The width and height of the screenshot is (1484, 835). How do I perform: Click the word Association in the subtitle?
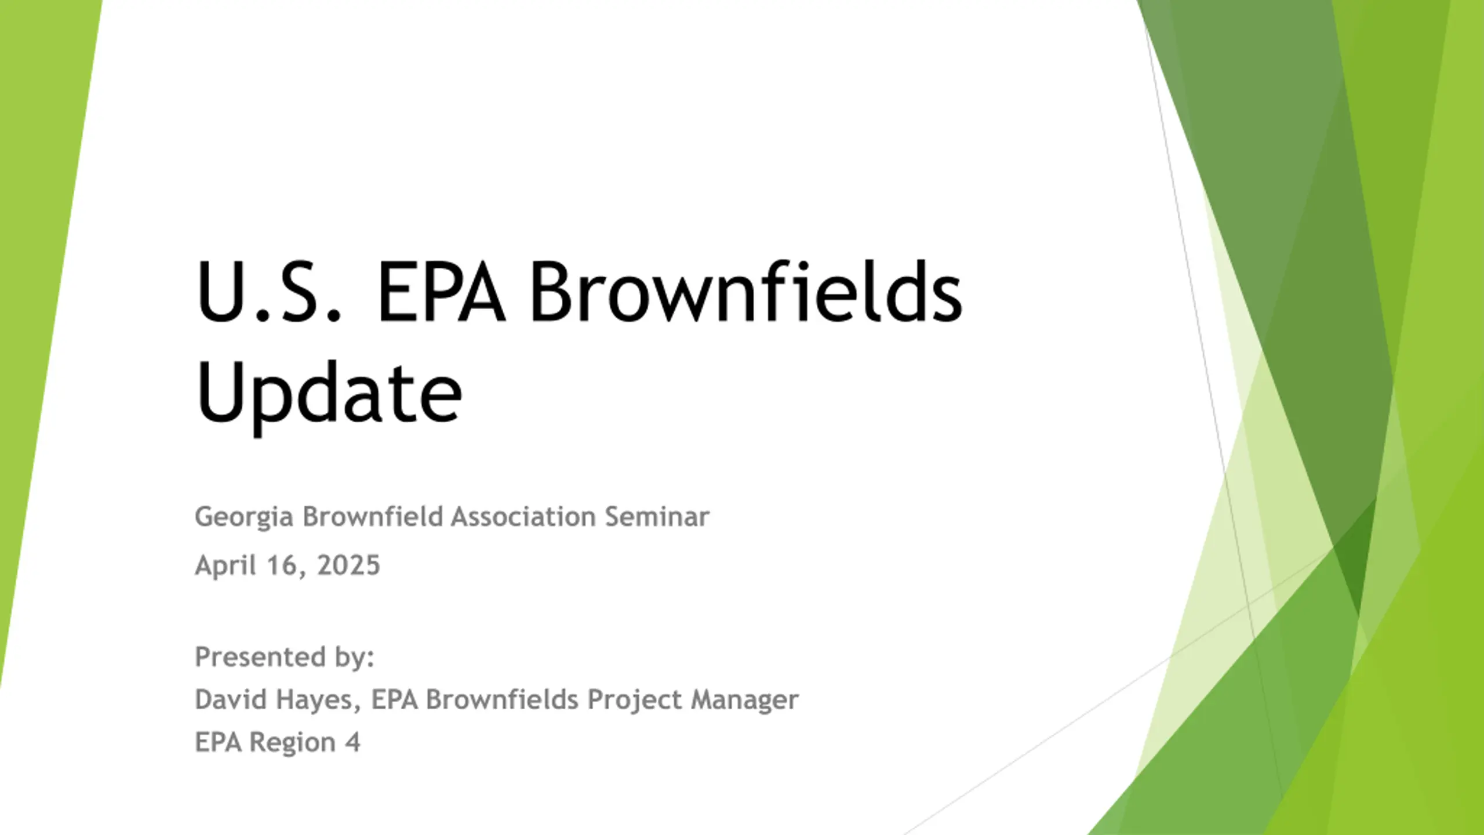point(523,516)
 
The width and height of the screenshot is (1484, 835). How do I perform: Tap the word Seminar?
point(657,516)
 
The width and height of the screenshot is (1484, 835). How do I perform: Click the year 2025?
point(348,565)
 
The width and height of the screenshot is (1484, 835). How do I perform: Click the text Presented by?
point(285,658)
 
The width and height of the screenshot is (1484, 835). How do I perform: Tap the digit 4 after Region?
point(353,742)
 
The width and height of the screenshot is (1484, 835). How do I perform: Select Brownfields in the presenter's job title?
point(502,699)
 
